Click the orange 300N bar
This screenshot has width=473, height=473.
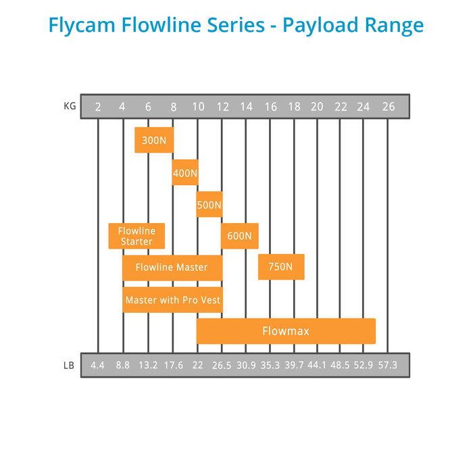tap(154, 140)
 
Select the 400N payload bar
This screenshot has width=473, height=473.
tap(185, 172)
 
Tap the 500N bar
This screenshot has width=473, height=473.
tap(209, 204)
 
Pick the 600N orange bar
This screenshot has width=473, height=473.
tap(239, 236)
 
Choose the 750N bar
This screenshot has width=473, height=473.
tap(280, 267)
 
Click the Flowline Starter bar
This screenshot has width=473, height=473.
tap(136, 236)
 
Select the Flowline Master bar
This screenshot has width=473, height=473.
tap(172, 268)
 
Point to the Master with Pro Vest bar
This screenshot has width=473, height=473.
tap(172, 299)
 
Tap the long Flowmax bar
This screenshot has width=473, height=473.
tap(286, 331)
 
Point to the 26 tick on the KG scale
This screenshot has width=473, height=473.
tap(388, 107)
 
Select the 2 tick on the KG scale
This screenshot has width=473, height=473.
tap(99, 107)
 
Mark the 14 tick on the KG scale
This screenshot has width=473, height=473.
tap(245, 107)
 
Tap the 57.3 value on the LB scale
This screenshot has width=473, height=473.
tap(388, 366)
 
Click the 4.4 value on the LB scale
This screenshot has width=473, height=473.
tap(98, 366)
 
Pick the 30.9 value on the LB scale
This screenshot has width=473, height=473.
tap(245, 366)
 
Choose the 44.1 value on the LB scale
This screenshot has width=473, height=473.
tap(317, 366)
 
